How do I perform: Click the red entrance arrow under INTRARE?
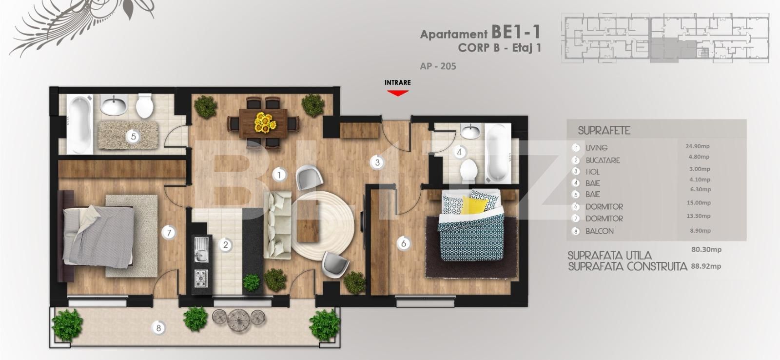(x=398, y=92)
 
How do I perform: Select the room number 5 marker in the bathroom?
(x=134, y=137)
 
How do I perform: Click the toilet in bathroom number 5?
(x=144, y=106)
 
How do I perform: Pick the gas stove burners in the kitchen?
(x=201, y=279)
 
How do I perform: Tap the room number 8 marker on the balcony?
(x=158, y=328)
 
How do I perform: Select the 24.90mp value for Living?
(x=698, y=146)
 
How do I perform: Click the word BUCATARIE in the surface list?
(x=603, y=160)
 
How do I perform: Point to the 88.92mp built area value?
(x=706, y=266)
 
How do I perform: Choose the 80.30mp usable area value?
(x=706, y=249)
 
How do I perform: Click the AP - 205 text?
(x=438, y=66)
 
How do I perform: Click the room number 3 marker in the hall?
(x=377, y=162)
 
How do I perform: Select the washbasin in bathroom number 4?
(x=470, y=131)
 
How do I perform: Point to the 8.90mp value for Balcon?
(x=700, y=231)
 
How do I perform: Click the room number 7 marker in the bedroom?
(x=169, y=233)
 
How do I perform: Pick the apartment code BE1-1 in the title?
(x=516, y=32)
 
